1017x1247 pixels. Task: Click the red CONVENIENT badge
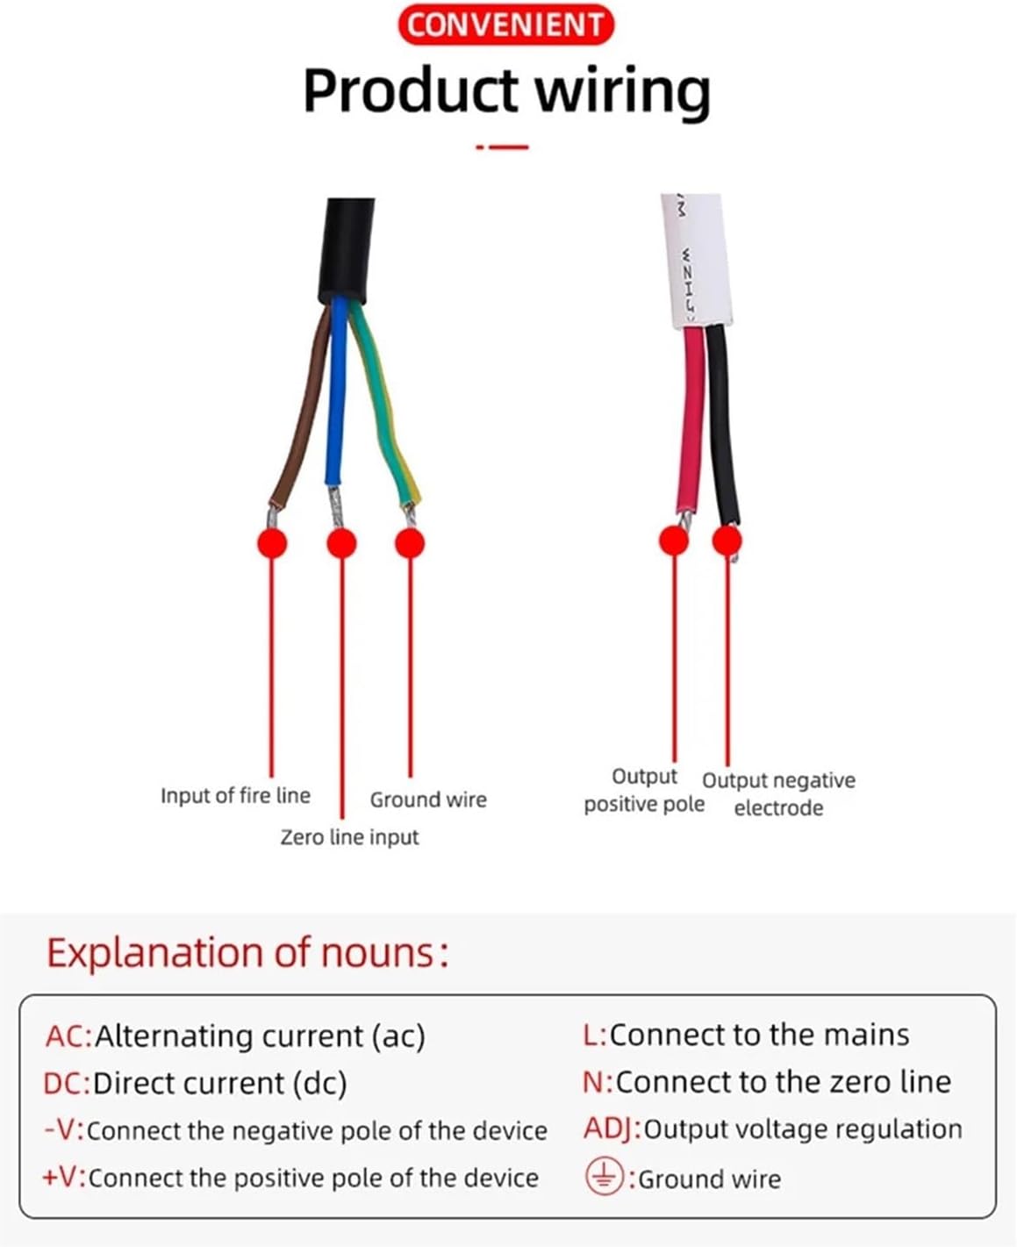(506, 25)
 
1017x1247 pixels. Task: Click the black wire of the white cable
(721, 421)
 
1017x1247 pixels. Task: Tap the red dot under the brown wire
(272, 543)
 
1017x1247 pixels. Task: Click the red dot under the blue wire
(341, 543)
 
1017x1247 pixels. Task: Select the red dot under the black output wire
(727, 540)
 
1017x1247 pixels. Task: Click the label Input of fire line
(235, 796)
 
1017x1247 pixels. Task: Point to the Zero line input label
(349, 837)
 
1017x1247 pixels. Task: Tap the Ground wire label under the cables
(428, 799)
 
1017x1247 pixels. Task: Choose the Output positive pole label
(644, 791)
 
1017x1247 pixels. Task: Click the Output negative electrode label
(778, 794)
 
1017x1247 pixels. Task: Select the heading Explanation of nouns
(247, 953)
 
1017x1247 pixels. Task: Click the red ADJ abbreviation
(612, 1129)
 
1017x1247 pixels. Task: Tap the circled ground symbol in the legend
(604, 1177)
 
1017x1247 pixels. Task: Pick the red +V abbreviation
(63, 1177)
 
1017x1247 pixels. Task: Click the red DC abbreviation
(66, 1084)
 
